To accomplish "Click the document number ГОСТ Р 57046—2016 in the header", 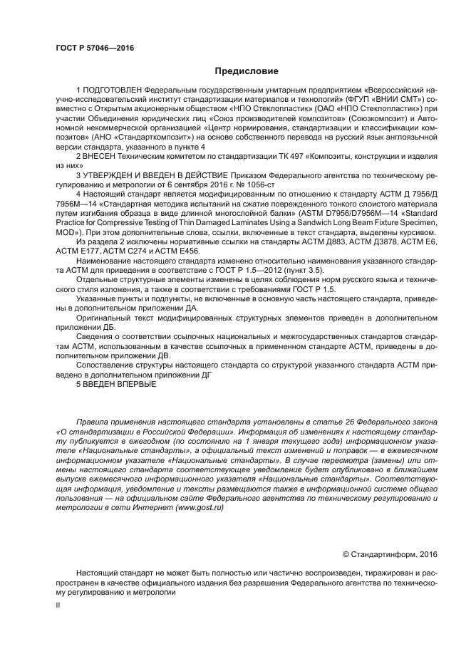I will pos(95,48).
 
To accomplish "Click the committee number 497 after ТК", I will pos(300,154).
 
